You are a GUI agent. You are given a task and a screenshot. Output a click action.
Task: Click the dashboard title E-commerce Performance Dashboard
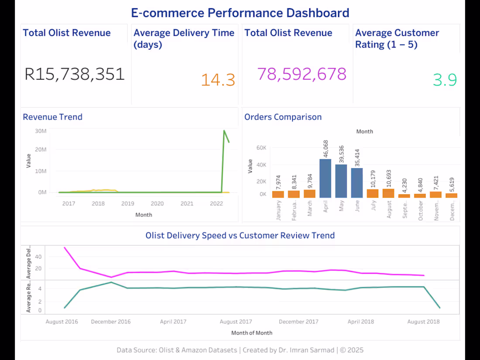pos(240,13)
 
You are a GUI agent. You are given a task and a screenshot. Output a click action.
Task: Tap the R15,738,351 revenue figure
pos(75,74)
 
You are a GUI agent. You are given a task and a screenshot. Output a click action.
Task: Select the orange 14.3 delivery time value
pos(218,80)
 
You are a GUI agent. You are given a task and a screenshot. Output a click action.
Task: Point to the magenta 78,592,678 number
pos(302,74)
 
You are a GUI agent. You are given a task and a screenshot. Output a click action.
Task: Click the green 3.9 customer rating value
pos(445,80)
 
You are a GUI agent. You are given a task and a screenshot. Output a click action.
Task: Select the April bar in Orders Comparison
pos(325,178)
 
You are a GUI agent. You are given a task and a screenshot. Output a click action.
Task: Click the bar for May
pos(341,181)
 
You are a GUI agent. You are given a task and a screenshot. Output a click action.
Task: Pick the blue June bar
pos(357,183)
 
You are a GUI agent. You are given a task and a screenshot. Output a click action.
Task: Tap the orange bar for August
pos(388,193)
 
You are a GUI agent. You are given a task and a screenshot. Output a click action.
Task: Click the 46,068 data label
pos(326,149)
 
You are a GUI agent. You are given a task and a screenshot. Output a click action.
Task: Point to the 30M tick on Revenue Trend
pos(41,131)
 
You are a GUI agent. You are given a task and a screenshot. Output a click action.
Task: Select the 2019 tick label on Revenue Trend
pos(127,203)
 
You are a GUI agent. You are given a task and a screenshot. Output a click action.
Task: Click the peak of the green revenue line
pos(224,130)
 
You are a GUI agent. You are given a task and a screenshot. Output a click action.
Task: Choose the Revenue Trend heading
pos(52,117)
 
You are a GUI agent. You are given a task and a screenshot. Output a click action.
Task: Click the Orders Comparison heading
pos(283,117)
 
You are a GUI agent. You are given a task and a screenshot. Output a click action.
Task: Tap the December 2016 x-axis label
pos(110,322)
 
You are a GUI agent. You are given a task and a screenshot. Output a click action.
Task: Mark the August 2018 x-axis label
pos(423,322)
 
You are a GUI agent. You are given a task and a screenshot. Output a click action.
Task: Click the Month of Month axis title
pos(252,333)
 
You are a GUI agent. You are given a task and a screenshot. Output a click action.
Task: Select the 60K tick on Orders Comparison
pos(261,148)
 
